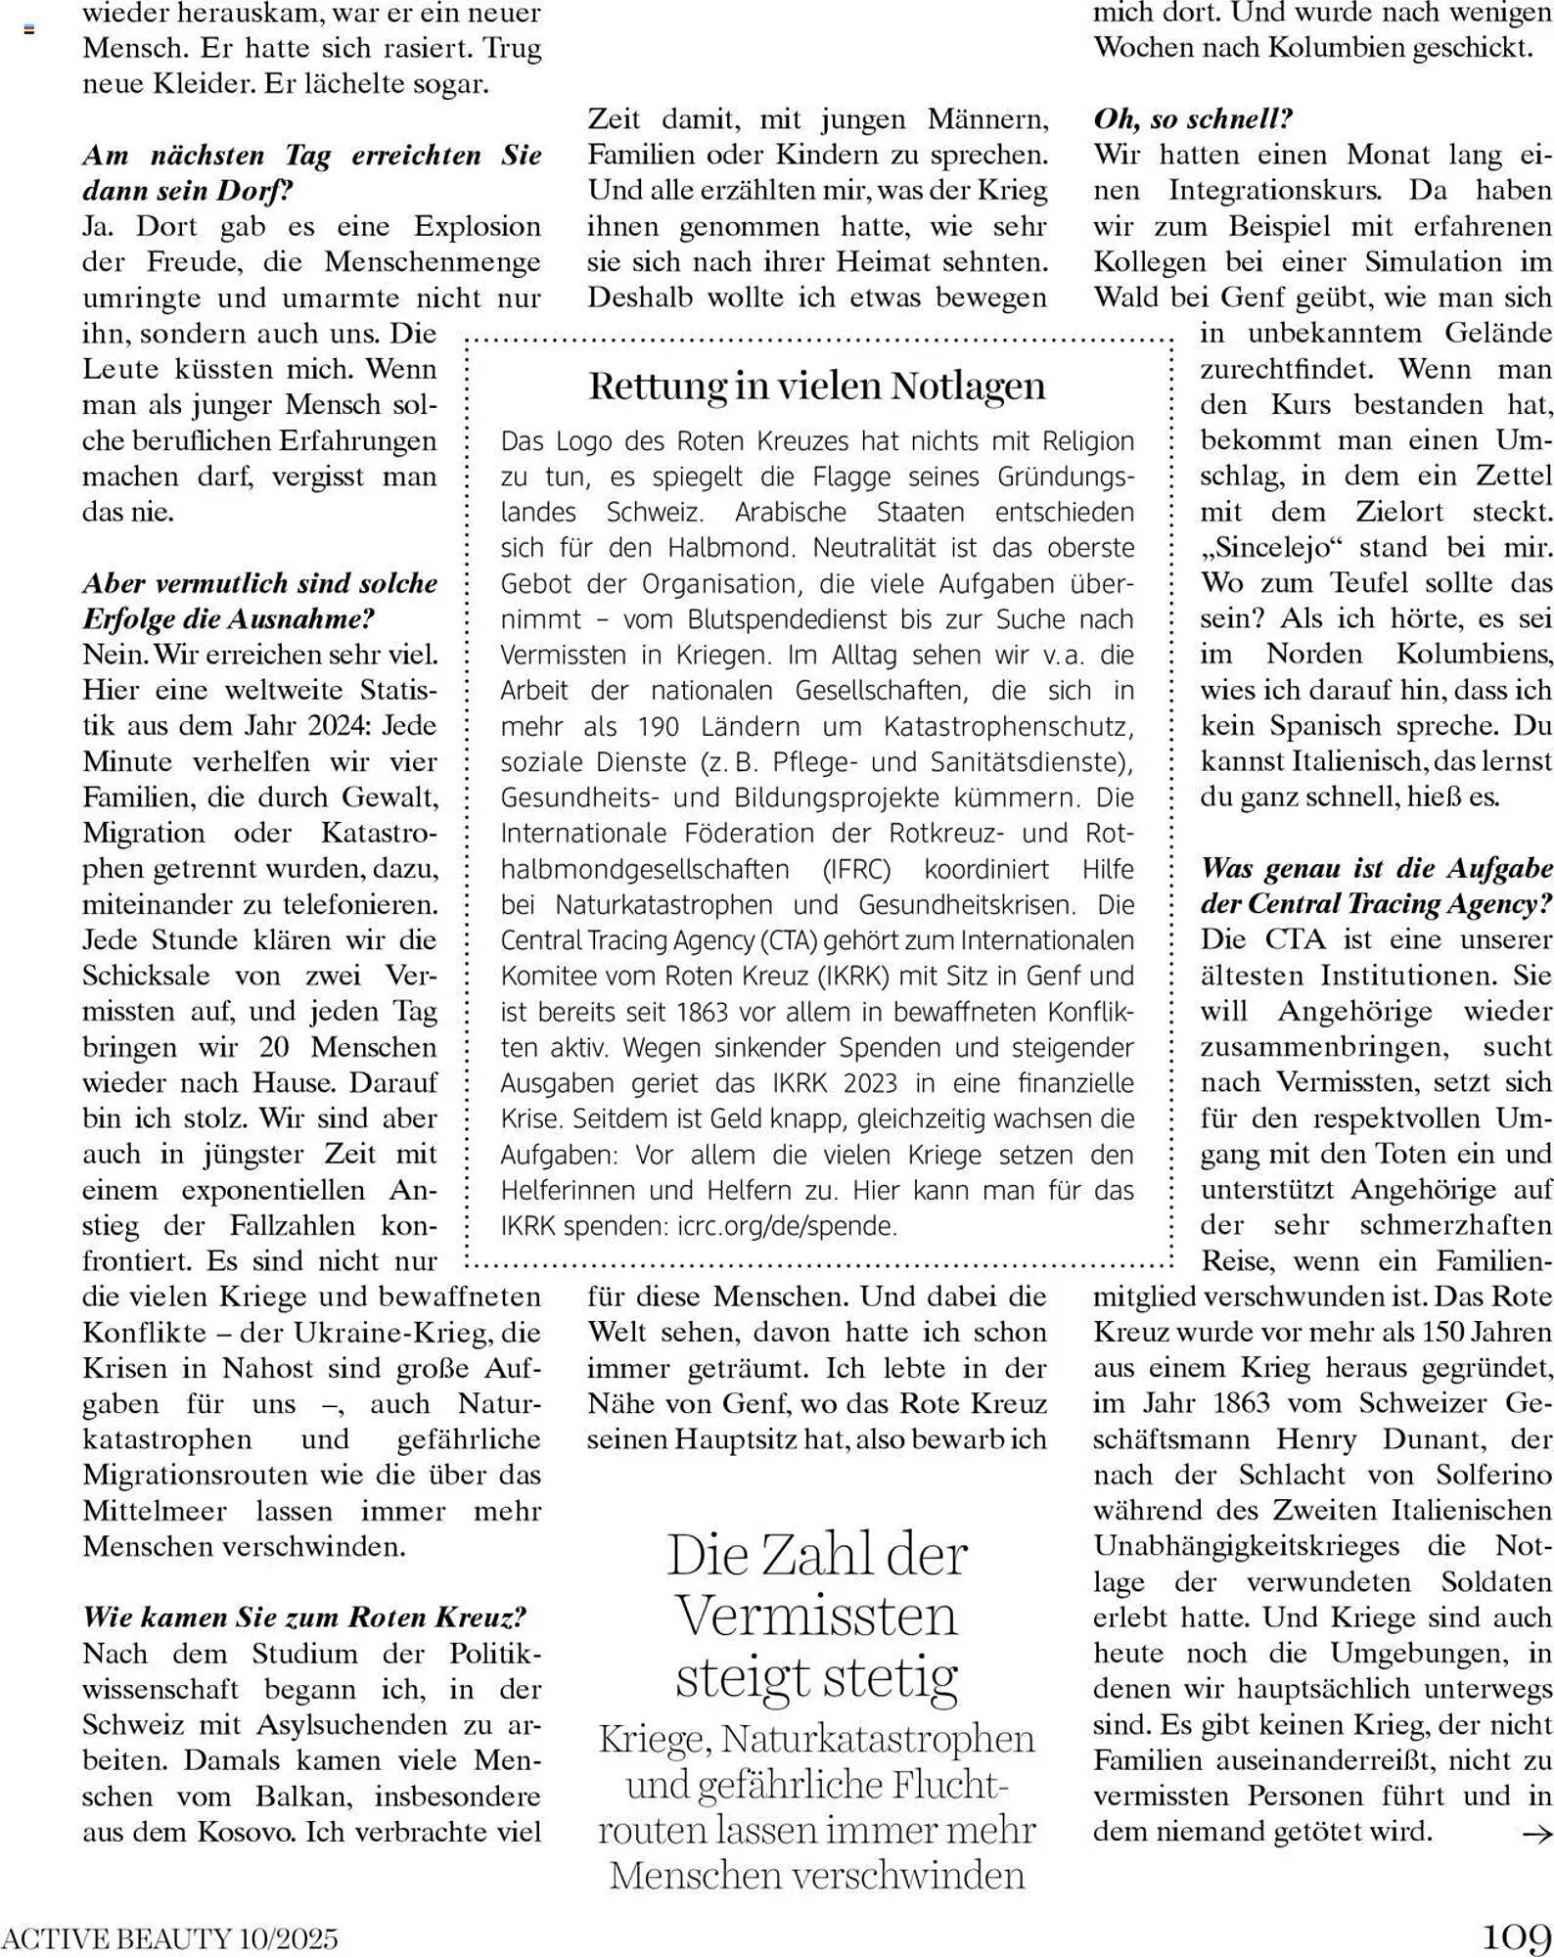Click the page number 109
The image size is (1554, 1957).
click(x=1516, y=1936)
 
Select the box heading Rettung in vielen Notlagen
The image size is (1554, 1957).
click(x=817, y=386)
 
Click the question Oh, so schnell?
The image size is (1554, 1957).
click(x=1193, y=119)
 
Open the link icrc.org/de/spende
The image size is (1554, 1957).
click(x=786, y=1226)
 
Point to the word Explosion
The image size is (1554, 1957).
click(x=478, y=227)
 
